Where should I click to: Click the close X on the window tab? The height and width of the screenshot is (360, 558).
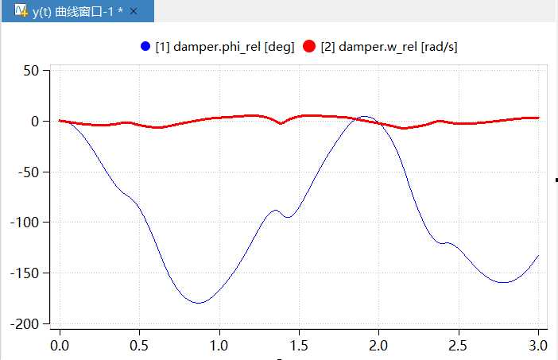[x=134, y=11]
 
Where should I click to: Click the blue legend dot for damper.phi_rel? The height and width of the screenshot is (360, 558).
[x=145, y=47]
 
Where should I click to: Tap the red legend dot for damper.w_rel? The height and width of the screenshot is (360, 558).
[x=310, y=47]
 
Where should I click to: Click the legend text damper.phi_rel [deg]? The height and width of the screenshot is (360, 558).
[x=224, y=47]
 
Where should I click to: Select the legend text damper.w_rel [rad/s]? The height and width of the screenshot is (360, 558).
[x=389, y=47]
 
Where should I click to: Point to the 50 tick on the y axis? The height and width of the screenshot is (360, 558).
[x=30, y=71]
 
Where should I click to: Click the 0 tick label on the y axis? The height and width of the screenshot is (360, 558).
[x=34, y=121]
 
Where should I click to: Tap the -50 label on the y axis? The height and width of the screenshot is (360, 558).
[x=27, y=172]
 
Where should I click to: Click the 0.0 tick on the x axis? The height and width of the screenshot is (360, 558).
[x=60, y=346]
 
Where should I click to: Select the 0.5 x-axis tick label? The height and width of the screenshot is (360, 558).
[x=139, y=346]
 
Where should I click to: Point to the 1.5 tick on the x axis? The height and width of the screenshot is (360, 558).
[x=299, y=346]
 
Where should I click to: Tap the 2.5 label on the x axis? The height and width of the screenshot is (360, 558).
[x=459, y=346]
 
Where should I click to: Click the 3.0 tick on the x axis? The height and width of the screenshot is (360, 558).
[x=538, y=346]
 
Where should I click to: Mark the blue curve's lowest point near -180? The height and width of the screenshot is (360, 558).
[x=198, y=303]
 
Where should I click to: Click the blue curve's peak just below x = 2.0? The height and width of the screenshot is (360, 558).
[x=365, y=117]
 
